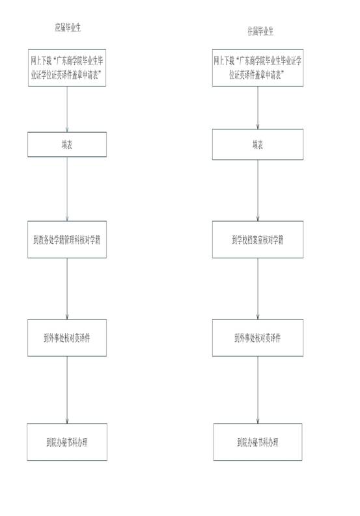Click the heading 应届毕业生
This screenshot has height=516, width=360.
pyautogui.click(x=68, y=27)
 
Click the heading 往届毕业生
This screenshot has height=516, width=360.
pyautogui.click(x=260, y=31)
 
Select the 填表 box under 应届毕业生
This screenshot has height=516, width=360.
pyautogui.click(x=67, y=144)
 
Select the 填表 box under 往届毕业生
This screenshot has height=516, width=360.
pyautogui.click(x=258, y=144)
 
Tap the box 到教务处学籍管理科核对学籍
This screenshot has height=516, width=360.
pyautogui.click(x=67, y=239)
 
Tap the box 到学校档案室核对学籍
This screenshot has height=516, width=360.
pyautogui.click(x=258, y=239)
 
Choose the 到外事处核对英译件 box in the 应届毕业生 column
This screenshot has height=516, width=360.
pyautogui.click(x=67, y=338)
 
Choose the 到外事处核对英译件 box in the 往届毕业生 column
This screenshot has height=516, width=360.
pyautogui.click(x=258, y=338)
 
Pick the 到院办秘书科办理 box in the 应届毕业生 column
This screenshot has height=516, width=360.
pyautogui.click(x=67, y=442)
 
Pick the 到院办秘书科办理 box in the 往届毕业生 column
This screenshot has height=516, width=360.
pyautogui.click(x=258, y=442)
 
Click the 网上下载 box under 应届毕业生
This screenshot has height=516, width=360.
pyautogui.click(x=67, y=68)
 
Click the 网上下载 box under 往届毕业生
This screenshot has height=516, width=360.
pyautogui.click(x=258, y=68)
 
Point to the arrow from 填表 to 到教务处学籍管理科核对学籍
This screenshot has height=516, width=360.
pyautogui.click(x=67, y=189)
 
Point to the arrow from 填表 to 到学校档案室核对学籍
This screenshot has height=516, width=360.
pyautogui.click(x=258, y=191)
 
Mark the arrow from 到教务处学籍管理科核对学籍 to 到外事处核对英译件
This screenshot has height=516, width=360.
pyautogui.click(x=67, y=289)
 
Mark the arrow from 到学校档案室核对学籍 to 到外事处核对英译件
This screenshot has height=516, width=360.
pyautogui.click(x=258, y=289)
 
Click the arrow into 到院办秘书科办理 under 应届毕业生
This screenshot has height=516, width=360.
pyautogui.click(x=67, y=390)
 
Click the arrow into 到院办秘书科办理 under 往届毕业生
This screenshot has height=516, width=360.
pyautogui.click(x=258, y=390)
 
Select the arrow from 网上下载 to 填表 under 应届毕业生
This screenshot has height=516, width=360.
pyautogui.click(x=67, y=109)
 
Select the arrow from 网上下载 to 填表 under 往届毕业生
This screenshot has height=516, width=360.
pyautogui.click(x=258, y=107)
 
